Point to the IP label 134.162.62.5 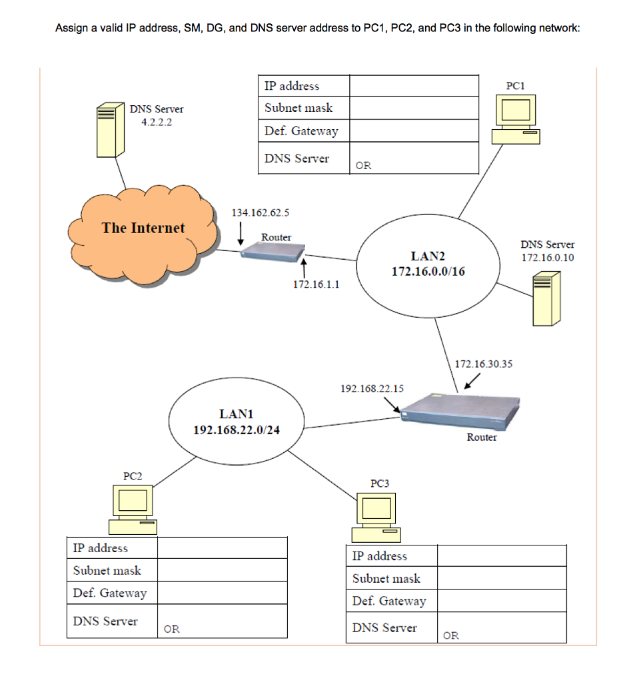coord(260,212)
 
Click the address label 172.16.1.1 coord(316,284)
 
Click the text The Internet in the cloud coord(143,228)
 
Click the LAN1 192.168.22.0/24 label coord(236,422)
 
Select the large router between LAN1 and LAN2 coord(460,413)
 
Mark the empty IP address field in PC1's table coord(414,86)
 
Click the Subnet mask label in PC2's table coord(107,570)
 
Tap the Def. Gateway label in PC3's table coord(389,601)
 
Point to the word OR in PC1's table coord(363,166)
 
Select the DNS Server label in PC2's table coord(105,621)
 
